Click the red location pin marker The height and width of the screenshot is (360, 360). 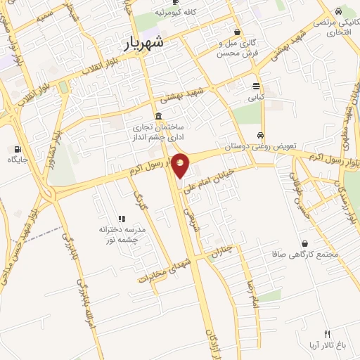(180, 166)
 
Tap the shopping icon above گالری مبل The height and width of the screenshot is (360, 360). (237, 32)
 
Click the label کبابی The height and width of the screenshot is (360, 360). (255, 98)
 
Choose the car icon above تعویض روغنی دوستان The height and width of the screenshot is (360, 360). (260, 135)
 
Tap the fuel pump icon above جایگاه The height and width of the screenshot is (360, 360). (17, 149)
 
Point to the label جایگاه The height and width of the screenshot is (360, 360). (17, 160)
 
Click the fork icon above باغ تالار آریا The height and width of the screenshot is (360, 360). (327, 333)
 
